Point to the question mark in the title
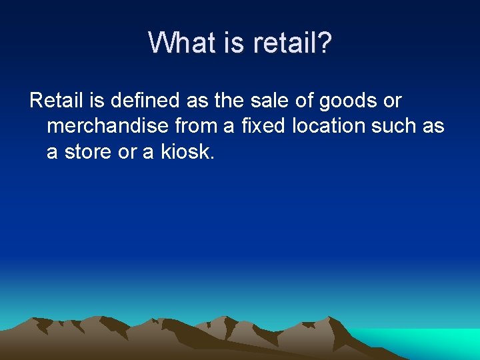(325, 43)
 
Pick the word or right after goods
(393, 101)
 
